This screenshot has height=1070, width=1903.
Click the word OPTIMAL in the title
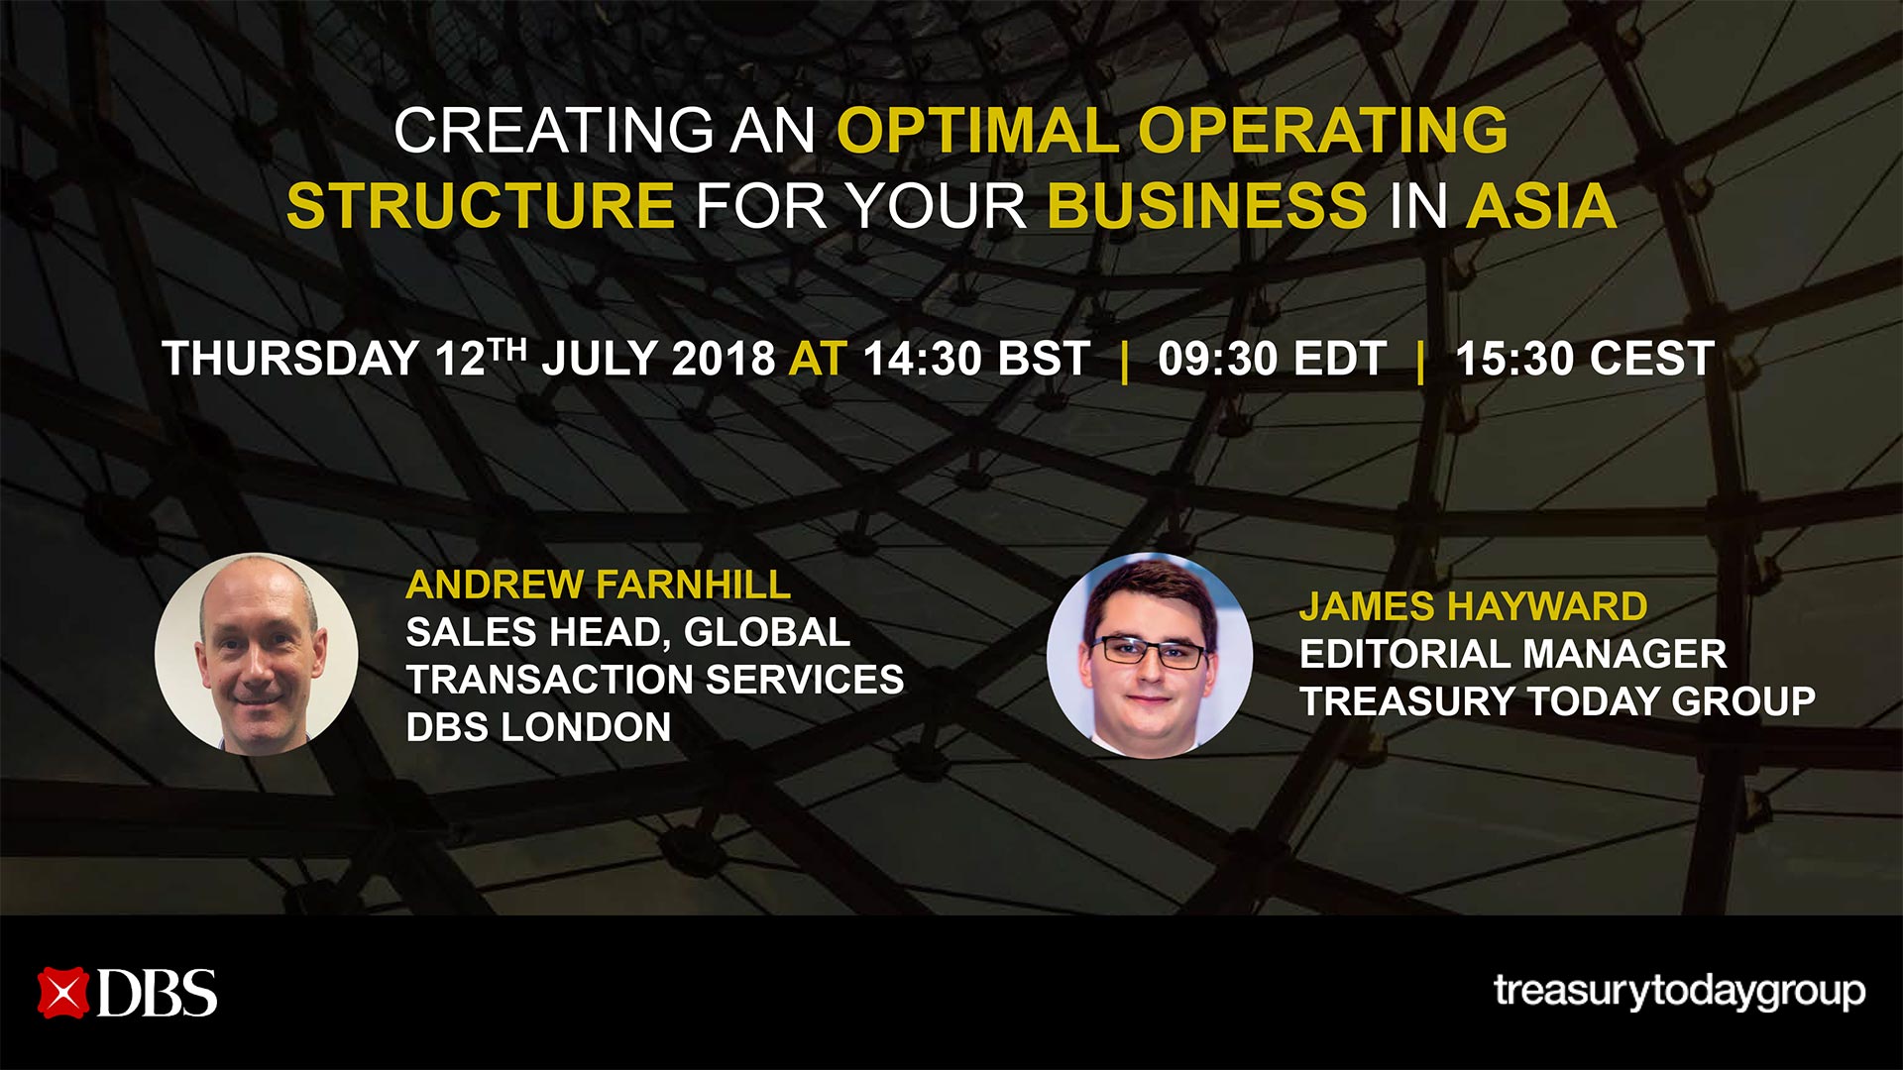pos(977,130)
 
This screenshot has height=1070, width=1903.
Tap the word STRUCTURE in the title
pos(481,206)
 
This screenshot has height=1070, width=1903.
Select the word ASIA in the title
pos(1541,206)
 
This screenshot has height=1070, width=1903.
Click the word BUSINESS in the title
pos(1207,206)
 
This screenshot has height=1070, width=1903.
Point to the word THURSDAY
pos(290,359)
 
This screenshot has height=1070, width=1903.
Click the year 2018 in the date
pos(723,359)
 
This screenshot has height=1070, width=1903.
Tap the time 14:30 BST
pos(976,359)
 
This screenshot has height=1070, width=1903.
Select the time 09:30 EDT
pos(1272,359)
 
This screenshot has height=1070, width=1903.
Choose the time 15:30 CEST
pos(1584,359)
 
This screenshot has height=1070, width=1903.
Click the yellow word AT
pos(817,359)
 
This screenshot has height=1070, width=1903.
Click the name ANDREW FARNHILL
pos(598,585)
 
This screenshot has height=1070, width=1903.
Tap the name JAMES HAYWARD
pos(1473,606)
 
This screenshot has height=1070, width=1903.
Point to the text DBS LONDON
pos(538,728)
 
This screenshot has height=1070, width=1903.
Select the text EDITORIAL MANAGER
pos(1512,654)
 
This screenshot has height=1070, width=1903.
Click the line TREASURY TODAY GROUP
pos(1557,701)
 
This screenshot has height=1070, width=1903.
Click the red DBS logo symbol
pos(62,993)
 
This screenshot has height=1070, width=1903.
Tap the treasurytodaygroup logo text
pos(1679,991)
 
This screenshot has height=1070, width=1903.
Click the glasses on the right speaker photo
pos(1150,652)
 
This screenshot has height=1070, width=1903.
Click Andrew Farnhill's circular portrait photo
pos(257,654)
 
